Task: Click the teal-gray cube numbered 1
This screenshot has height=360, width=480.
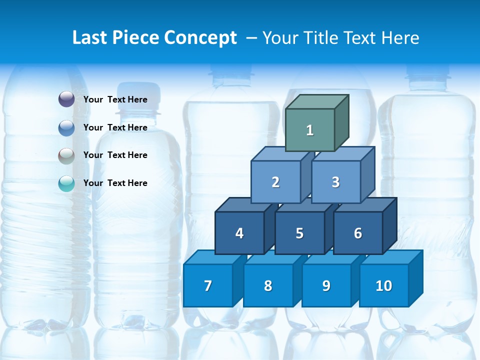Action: pyautogui.click(x=310, y=130)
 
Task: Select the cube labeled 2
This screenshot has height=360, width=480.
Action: pyautogui.click(x=275, y=182)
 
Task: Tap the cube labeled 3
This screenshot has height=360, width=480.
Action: pyautogui.click(x=335, y=182)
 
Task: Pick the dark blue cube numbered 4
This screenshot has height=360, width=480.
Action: pyautogui.click(x=239, y=233)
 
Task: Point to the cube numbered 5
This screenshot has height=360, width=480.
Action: pyautogui.click(x=299, y=233)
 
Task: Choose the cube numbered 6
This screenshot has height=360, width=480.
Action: pyautogui.click(x=358, y=233)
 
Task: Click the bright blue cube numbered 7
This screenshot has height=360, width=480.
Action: pyautogui.click(x=208, y=285)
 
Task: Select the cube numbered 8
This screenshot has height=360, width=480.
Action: pyautogui.click(x=268, y=285)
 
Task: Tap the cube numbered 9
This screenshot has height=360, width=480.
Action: pyautogui.click(x=326, y=285)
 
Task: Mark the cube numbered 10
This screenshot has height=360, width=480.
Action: pyautogui.click(x=384, y=285)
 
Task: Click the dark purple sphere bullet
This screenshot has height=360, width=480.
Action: pyautogui.click(x=66, y=99)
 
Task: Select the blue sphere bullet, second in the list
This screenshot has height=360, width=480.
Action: pyautogui.click(x=66, y=127)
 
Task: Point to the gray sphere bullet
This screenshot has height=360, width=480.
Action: pyautogui.click(x=66, y=155)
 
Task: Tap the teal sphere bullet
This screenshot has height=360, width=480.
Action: pyautogui.click(x=66, y=183)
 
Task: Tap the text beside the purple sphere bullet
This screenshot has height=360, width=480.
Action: pyautogui.click(x=115, y=99)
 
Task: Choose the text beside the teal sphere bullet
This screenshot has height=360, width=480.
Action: pyautogui.click(x=115, y=183)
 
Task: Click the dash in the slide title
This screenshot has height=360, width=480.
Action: pyautogui.click(x=252, y=38)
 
